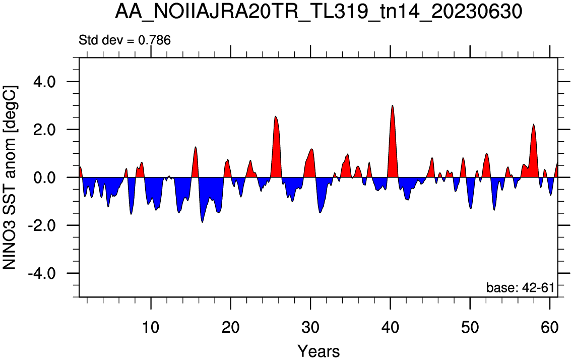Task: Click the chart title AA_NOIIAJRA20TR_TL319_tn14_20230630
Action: [x=319, y=12]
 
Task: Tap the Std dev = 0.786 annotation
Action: [x=124, y=40]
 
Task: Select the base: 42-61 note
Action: [x=520, y=287]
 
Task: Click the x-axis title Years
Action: [x=319, y=351]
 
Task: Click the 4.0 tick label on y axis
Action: [x=43, y=82]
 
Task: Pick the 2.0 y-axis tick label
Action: [x=43, y=130]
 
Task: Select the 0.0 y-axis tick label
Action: [x=43, y=177]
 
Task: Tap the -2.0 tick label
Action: [x=41, y=225]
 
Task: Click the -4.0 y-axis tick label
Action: [x=41, y=273]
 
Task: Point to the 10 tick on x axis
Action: [x=151, y=327]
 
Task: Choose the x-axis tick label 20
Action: [x=231, y=327]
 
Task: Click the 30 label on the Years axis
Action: [x=310, y=327]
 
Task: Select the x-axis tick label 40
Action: [x=390, y=327]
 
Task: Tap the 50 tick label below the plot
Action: [x=470, y=327]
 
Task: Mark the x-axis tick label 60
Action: [x=550, y=327]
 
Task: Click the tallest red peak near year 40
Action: [x=393, y=105]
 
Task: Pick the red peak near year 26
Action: [x=276, y=116]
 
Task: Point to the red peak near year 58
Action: [x=534, y=125]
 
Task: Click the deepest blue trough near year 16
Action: [x=203, y=222]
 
